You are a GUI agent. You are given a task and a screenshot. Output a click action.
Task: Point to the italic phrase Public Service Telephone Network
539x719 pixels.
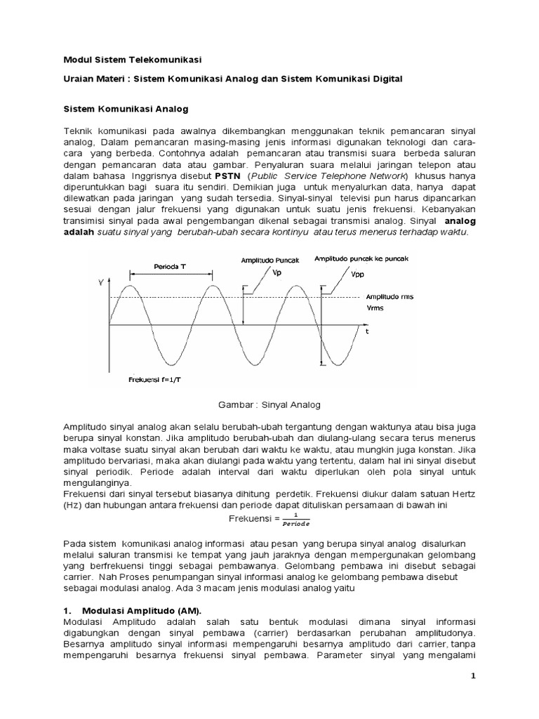pos(329,176)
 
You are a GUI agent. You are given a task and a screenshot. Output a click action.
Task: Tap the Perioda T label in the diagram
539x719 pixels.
pos(170,266)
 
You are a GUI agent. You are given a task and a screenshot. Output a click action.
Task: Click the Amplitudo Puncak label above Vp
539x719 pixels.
pos(269,260)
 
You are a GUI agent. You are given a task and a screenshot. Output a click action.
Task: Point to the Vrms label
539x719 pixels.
pos(376,308)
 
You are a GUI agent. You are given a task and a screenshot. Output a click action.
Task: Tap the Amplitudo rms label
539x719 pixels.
pos(390,297)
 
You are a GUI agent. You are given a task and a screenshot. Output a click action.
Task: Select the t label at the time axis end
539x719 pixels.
pos(366,330)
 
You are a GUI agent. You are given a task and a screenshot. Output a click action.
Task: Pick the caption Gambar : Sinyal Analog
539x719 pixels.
pos(270,404)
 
